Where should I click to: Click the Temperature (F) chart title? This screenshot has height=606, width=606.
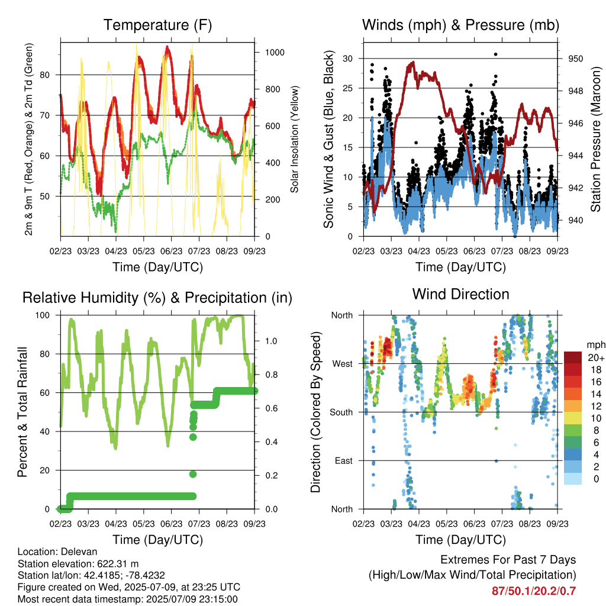pos(157,25)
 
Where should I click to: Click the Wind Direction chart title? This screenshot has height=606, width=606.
pos(460,294)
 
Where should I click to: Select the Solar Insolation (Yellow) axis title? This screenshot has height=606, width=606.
pos(295,139)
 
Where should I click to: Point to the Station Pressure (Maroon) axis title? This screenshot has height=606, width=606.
pos(595,139)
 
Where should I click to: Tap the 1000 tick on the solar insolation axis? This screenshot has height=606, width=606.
pos(275,53)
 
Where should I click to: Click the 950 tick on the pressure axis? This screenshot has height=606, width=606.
pos(575,59)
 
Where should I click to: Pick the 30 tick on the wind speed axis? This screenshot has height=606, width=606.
pos(348,59)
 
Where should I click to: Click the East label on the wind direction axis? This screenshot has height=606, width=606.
pos(344,460)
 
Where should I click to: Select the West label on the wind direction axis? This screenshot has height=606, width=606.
pos(343,364)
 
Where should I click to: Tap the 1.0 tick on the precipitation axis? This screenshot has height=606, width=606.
pos(271,341)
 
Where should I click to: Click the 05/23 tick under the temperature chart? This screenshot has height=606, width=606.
pos(144,251)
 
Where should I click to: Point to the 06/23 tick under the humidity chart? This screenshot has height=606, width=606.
pos(171,524)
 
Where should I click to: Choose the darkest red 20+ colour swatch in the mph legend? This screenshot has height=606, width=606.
pos(573,357)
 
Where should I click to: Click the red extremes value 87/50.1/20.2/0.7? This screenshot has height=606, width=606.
pos(534,591)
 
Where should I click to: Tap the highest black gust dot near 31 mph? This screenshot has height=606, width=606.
pos(495,54)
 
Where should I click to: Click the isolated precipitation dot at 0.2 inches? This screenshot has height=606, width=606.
pos(193,474)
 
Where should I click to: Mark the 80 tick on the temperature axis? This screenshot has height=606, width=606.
pos(45,75)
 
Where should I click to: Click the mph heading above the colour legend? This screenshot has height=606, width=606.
pos(596,345)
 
